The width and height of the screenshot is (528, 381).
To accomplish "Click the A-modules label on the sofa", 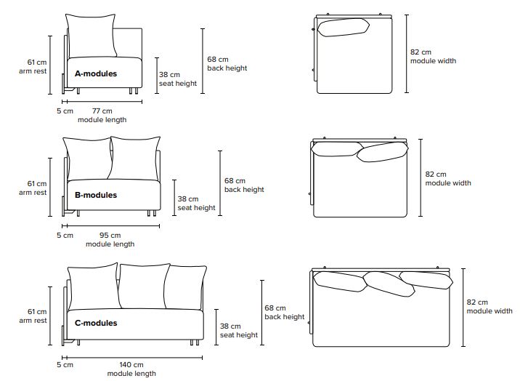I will point(96,73).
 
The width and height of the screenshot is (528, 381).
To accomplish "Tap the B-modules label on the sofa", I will point(96,195).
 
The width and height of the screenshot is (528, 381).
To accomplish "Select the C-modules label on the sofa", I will point(96,323).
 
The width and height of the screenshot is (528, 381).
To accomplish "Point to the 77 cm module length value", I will point(102,111).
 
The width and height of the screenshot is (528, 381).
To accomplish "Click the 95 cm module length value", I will point(110,235).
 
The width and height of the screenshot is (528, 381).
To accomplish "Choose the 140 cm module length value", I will point(131,364).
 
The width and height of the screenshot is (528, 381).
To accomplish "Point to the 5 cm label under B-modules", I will point(65,235).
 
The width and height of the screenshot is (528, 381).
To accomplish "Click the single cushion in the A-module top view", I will point(344,28).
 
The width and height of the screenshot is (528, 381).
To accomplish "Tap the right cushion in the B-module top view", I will point(383,152).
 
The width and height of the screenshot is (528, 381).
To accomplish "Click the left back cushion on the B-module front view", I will point(87,157).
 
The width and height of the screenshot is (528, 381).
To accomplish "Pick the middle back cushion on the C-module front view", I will point(143,287).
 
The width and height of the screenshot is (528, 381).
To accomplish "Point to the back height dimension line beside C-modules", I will point(261,313).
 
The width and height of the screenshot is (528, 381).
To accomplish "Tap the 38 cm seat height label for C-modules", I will point(238,331).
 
